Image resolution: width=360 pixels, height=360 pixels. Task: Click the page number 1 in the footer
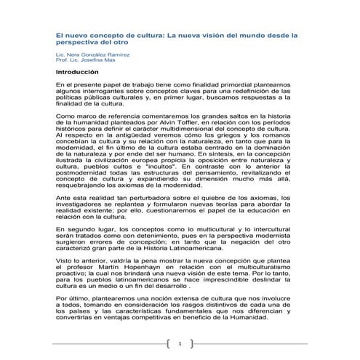click(180, 343)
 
